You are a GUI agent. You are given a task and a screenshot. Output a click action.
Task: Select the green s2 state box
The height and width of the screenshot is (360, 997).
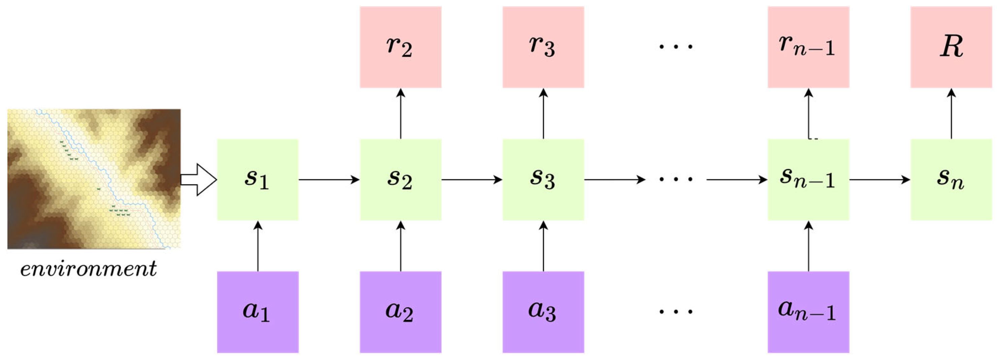pos(400,179)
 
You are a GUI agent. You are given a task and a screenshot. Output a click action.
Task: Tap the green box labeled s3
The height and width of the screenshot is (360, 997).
pos(543,179)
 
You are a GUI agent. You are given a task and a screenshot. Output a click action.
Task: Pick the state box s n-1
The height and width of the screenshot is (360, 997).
pos(808,179)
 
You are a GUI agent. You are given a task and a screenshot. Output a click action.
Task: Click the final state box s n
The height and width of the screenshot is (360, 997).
pos(951,179)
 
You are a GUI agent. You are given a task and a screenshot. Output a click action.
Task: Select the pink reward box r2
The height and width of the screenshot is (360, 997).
pos(400,47)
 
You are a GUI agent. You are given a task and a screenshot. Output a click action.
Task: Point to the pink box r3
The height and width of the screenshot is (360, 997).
pos(543,47)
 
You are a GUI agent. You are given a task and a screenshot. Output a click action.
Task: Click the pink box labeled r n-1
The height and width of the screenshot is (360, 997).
pos(808,47)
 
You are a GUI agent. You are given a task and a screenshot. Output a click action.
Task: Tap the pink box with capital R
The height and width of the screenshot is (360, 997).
pos(951,47)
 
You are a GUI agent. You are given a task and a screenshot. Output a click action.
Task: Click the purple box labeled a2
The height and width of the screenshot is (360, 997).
pos(400,312)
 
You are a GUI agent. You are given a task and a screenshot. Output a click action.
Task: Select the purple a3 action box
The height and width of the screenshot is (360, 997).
pos(543,312)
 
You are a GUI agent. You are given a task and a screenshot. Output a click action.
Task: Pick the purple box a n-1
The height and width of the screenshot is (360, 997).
pos(808,312)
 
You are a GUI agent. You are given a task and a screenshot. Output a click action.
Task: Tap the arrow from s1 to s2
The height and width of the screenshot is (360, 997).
pos(329,179)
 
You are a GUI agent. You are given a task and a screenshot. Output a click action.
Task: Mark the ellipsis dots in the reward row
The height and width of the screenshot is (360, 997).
pos(676,47)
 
